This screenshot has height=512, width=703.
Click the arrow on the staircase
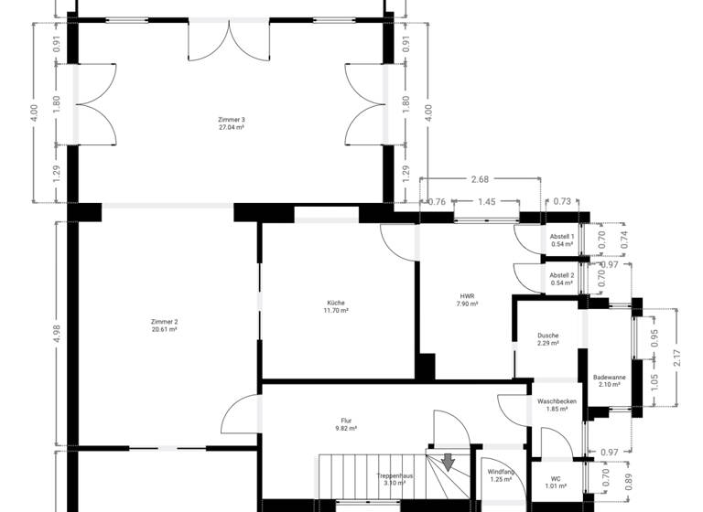449,462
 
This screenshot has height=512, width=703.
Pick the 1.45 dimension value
486,201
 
